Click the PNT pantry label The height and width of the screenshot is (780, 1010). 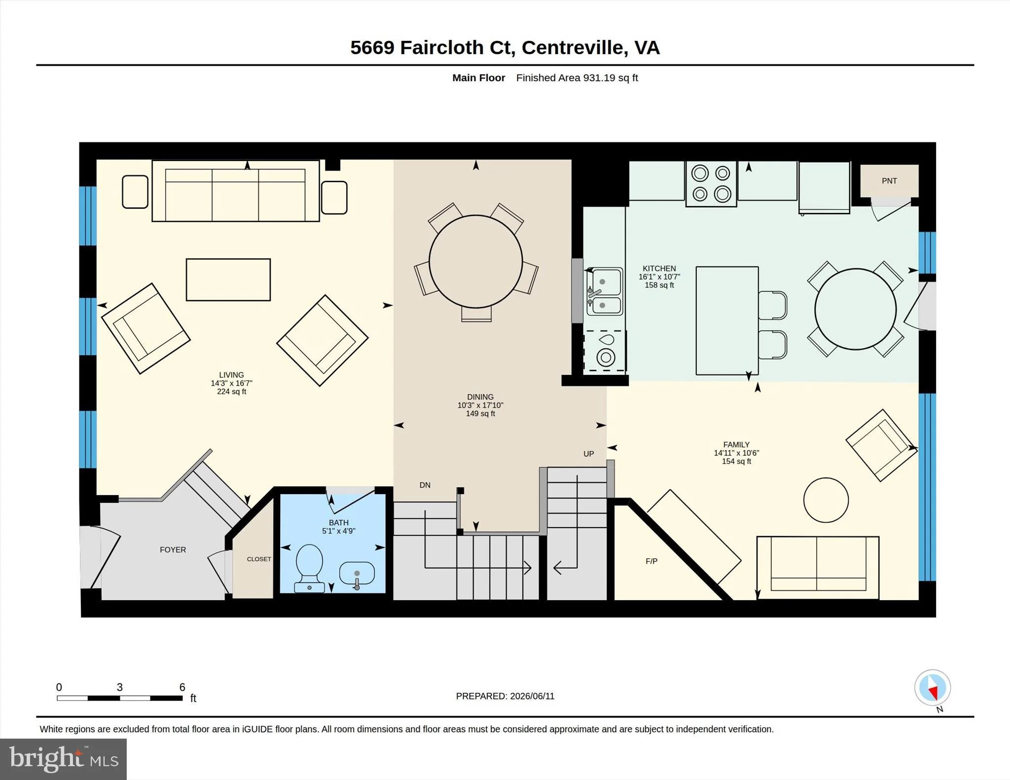[889, 181]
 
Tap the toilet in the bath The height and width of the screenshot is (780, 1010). [309, 568]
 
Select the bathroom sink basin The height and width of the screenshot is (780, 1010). [357, 575]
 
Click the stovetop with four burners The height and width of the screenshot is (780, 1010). [711, 183]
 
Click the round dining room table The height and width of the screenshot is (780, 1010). [476, 262]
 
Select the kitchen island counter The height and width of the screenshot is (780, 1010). [727, 321]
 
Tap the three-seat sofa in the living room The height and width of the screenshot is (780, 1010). [236, 191]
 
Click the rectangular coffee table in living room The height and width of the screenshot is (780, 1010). [228, 279]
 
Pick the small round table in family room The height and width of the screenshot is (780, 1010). [826, 500]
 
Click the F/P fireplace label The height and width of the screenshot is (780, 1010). [651, 561]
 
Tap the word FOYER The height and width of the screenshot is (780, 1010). [173, 550]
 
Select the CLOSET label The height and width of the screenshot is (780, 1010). [259, 559]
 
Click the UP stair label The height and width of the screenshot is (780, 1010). [589, 454]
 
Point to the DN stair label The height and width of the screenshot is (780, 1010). [425, 485]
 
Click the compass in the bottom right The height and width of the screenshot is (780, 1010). [933, 688]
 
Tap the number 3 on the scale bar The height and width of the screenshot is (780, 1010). [119, 687]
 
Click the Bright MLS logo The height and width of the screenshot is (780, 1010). [63, 759]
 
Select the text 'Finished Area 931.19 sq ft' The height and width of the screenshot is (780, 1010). [577, 78]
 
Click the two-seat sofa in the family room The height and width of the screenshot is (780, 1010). [818, 568]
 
